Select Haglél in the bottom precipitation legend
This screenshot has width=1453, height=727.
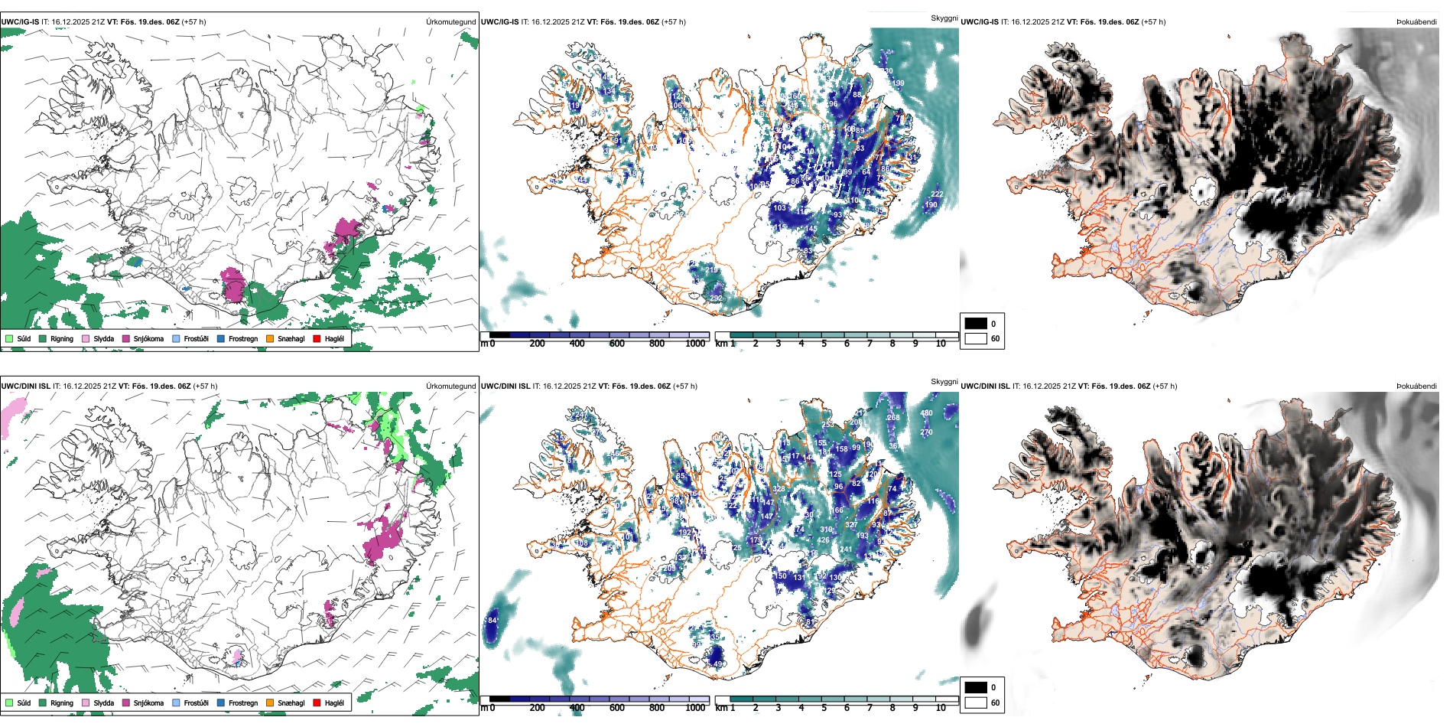click(x=334, y=703)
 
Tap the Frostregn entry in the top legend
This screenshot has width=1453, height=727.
click(x=242, y=338)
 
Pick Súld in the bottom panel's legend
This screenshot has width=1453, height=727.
click(x=24, y=703)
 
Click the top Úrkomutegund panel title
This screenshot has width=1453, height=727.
click(x=450, y=21)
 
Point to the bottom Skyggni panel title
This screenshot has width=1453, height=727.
click(x=944, y=381)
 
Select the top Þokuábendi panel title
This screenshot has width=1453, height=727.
click(x=1416, y=21)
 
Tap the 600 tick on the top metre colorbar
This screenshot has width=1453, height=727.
click(x=616, y=344)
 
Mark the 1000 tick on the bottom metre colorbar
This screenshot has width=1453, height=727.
click(x=695, y=708)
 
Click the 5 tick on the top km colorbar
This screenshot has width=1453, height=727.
click(x=824, y=344)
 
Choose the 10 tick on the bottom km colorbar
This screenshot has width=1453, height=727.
click(x=941, y=708)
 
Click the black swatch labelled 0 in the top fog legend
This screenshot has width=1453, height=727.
click(x=976, y=323)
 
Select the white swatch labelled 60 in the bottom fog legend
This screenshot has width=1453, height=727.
click(x=976, y=703)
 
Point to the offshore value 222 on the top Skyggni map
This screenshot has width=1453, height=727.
click(x=937, y=194)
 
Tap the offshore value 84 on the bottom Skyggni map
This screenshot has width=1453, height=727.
click(x=492, y=620)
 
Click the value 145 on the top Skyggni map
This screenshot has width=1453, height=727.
click(x=811, y=229)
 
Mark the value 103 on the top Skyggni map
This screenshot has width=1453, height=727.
click(x=779, y=207)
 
